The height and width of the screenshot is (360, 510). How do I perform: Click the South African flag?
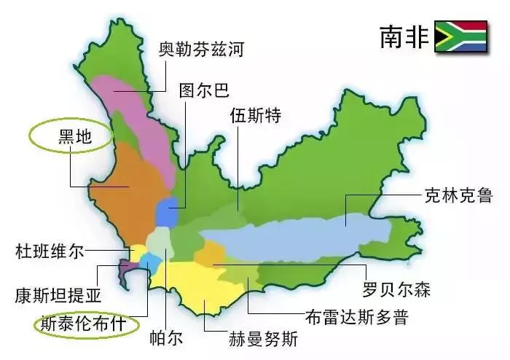click(x=460, y=36)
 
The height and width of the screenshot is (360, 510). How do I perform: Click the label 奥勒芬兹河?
click(x=201, y=50)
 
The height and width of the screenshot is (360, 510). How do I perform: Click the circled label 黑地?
click(x=71, y=136)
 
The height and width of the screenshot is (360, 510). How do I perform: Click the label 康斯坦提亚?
click(x=58, y=296)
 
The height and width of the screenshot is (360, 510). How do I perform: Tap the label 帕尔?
click(x=168, y=339)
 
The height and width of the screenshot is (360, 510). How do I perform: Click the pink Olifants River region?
click(x=142, y=117)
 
